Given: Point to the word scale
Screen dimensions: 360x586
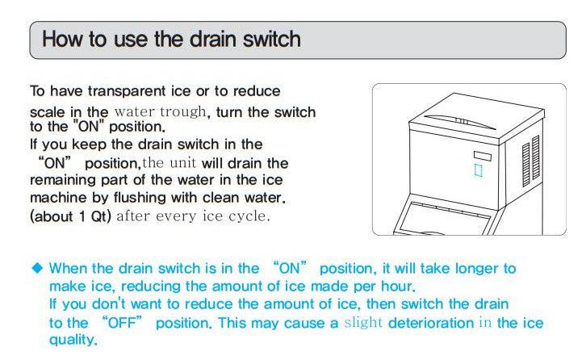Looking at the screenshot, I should tap(46, 111).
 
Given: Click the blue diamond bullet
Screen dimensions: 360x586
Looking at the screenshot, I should tap(37, 268).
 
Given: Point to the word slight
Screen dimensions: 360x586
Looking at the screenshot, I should tap(364, 323).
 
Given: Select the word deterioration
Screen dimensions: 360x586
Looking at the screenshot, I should tap(431, 323).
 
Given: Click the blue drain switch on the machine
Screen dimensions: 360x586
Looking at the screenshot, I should tap(477, 170).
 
